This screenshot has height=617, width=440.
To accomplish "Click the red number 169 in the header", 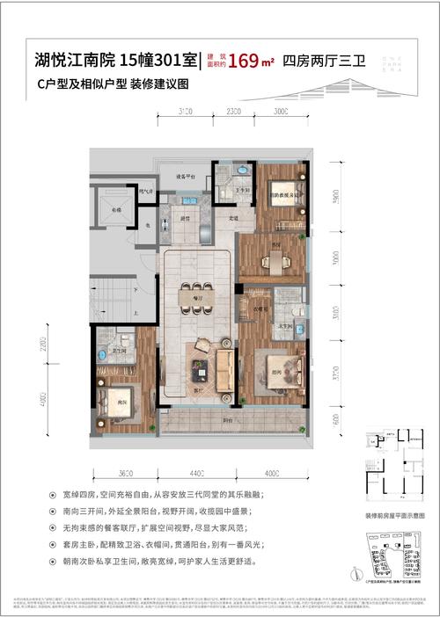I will [243, 62].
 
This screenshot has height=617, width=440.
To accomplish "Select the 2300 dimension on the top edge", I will [233, 113].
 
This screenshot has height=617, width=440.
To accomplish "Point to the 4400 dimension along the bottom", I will [196, 477].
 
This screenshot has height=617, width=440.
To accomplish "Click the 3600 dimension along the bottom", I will [124, 477].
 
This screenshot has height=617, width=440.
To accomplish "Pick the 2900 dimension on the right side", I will [336, 198].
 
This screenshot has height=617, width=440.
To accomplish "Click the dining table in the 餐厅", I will [195, 297].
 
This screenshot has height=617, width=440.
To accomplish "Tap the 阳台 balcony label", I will [227, 420].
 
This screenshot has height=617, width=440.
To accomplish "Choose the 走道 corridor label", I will [233, 217].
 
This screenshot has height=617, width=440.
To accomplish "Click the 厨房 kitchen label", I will [186, 217].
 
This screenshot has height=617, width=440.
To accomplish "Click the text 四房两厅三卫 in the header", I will [317, 62].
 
